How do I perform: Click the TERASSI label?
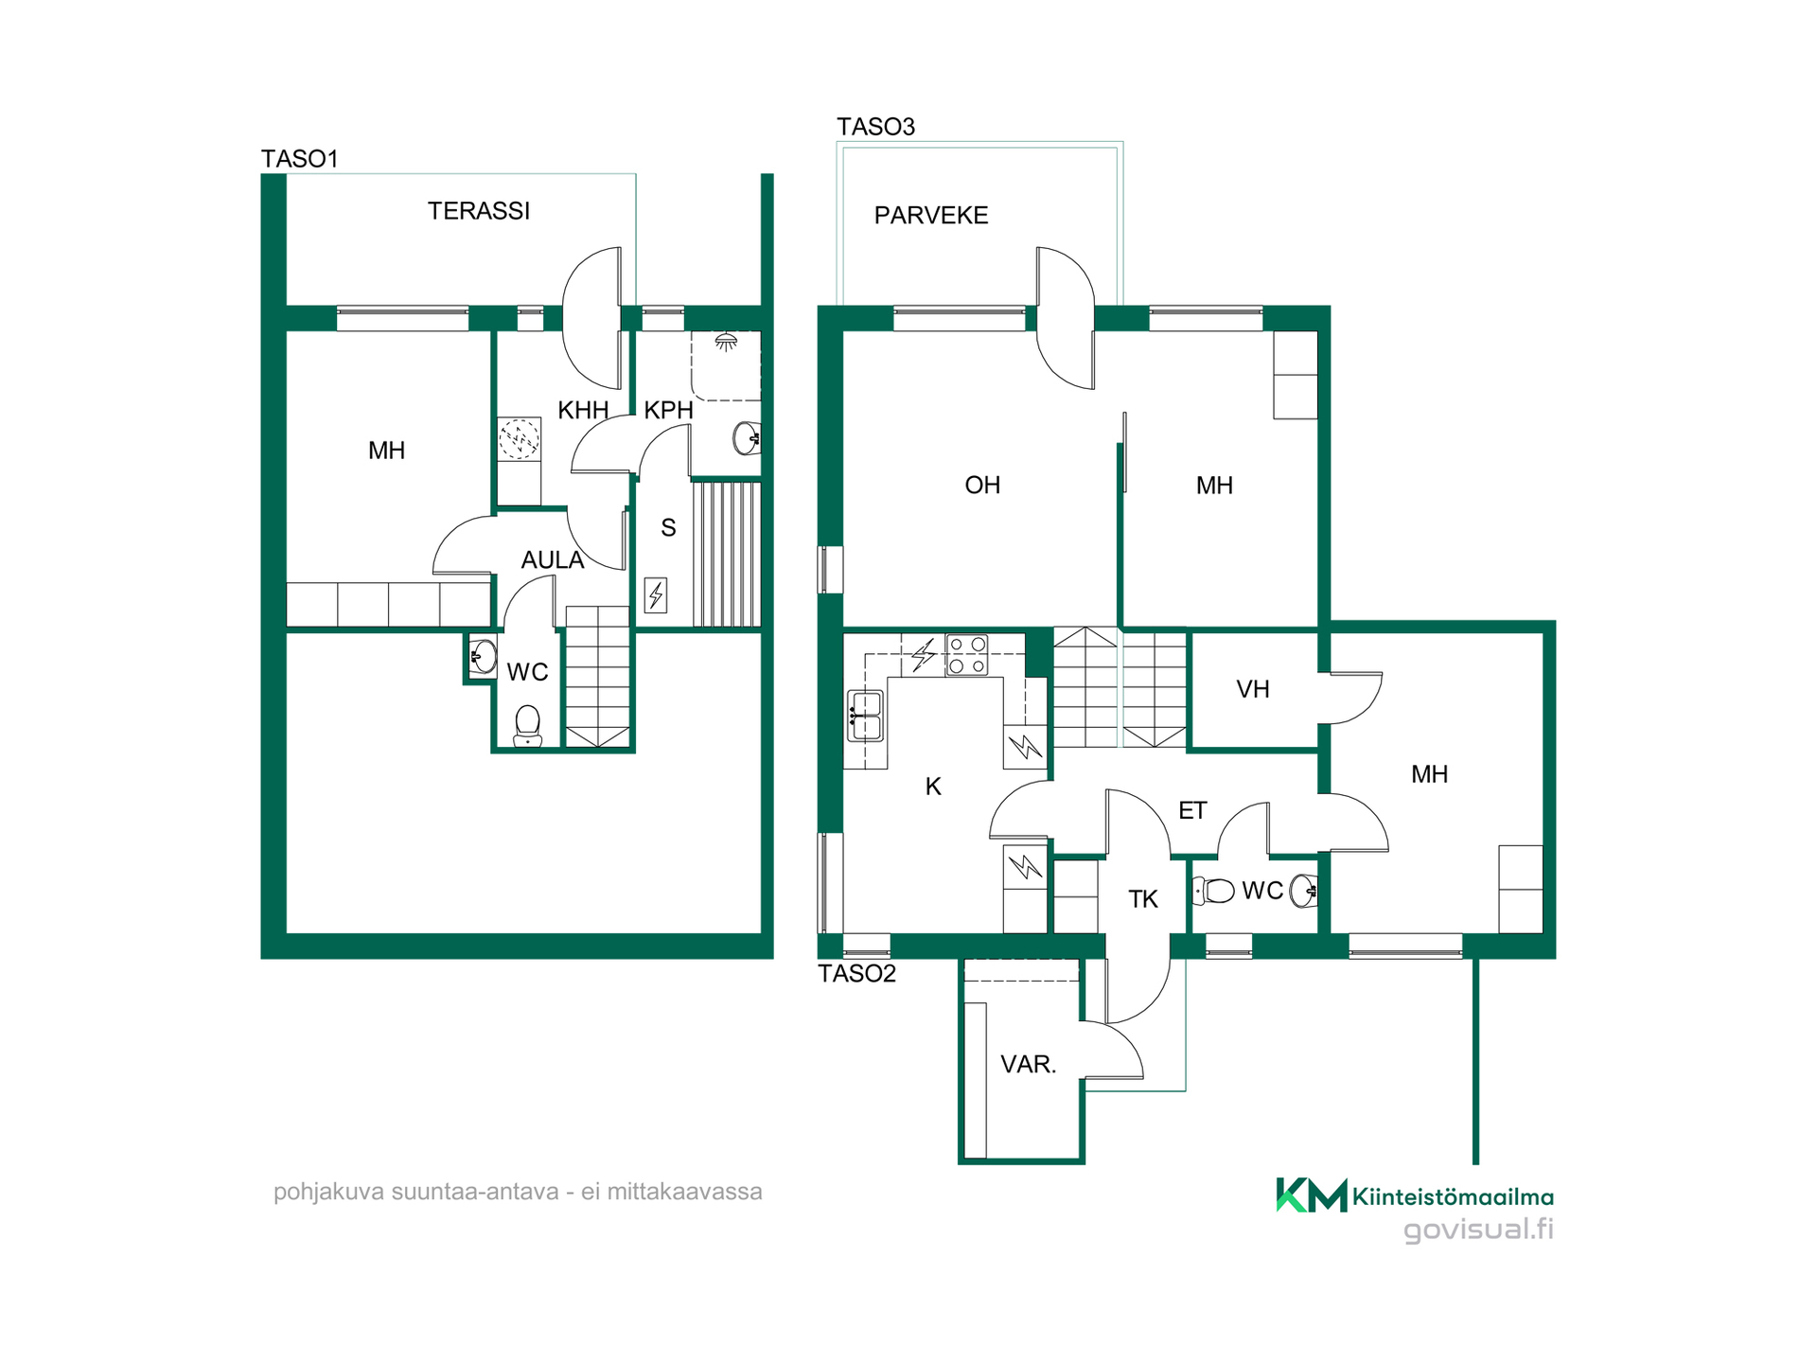479,211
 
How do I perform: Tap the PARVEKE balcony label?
931,216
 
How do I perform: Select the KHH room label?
583,410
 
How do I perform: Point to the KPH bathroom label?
669,410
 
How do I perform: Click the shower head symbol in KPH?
726,342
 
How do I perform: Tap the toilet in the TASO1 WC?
527,726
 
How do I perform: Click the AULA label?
553,560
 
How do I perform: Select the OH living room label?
982,486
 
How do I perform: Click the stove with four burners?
967,655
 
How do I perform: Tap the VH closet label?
1253,689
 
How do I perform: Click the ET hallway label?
1192,810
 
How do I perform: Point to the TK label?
1143,899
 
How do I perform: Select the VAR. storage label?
1029,1064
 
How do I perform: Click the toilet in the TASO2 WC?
1213,891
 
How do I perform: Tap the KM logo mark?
1312,1195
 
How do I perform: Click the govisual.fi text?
1478,1230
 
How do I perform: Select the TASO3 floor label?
875,127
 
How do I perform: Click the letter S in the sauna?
668,528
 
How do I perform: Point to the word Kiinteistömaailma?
1454,1197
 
